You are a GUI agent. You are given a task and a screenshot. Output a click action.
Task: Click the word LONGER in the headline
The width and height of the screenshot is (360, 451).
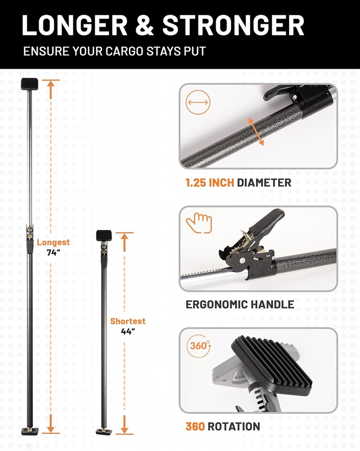tap(75, 25)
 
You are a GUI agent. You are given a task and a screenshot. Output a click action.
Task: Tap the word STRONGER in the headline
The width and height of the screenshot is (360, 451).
tap(233, 25)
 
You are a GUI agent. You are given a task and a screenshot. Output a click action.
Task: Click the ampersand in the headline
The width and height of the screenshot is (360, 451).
tap(145, 25)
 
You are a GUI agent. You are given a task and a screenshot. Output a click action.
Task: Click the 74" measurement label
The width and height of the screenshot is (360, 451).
tap(53, 252)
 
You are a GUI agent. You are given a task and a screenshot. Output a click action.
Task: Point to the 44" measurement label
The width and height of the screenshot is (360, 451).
tap(128, 332)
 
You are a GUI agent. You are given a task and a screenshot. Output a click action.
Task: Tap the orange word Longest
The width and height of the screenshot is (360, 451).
tap(53, 242)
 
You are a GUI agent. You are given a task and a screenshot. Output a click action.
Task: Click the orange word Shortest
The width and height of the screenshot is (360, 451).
tap(128, 321)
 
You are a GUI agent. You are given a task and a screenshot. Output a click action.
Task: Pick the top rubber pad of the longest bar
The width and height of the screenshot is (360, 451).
tap(29, 84)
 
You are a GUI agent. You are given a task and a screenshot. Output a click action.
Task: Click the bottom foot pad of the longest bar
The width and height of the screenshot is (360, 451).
tap(30, 431)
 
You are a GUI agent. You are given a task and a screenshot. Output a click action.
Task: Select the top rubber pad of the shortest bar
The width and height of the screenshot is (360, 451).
tap(104, 236)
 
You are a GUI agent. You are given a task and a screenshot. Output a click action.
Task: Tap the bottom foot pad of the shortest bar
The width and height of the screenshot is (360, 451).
tap(104, 431)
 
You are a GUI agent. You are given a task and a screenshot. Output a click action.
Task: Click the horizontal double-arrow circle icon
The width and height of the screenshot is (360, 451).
tap(198, 102)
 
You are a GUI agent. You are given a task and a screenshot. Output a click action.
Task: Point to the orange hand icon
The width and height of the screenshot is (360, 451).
tap(199, 223)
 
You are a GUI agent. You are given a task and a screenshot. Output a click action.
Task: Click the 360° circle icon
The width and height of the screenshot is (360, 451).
tap(199, 345)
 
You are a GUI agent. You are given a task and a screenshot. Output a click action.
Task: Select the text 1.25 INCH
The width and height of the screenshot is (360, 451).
tap(210, 183)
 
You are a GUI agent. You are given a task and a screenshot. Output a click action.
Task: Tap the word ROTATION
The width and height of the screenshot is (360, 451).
tap(233, 426)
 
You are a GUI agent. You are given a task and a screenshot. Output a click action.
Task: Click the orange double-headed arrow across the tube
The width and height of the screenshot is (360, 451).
tap(256, 132)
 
